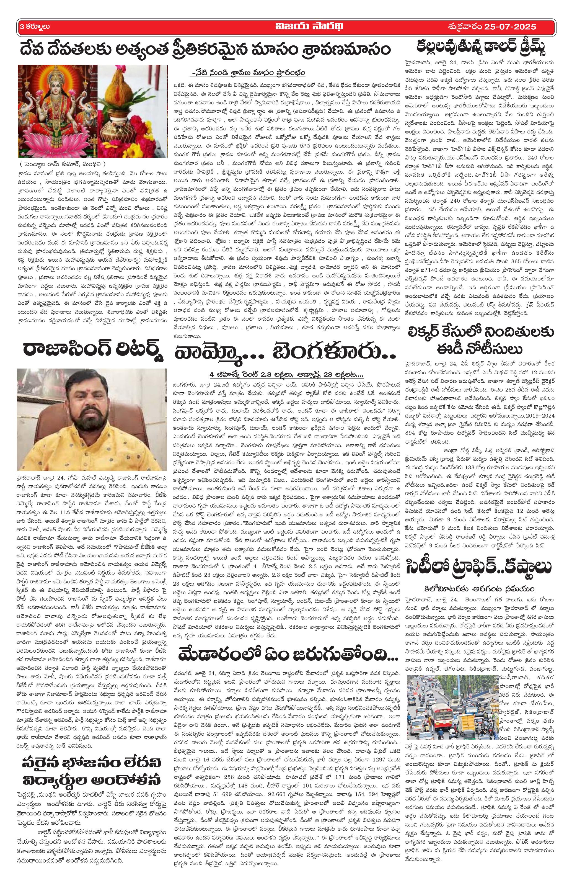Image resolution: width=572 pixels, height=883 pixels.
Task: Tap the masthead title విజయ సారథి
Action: [x=286, y=27]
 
